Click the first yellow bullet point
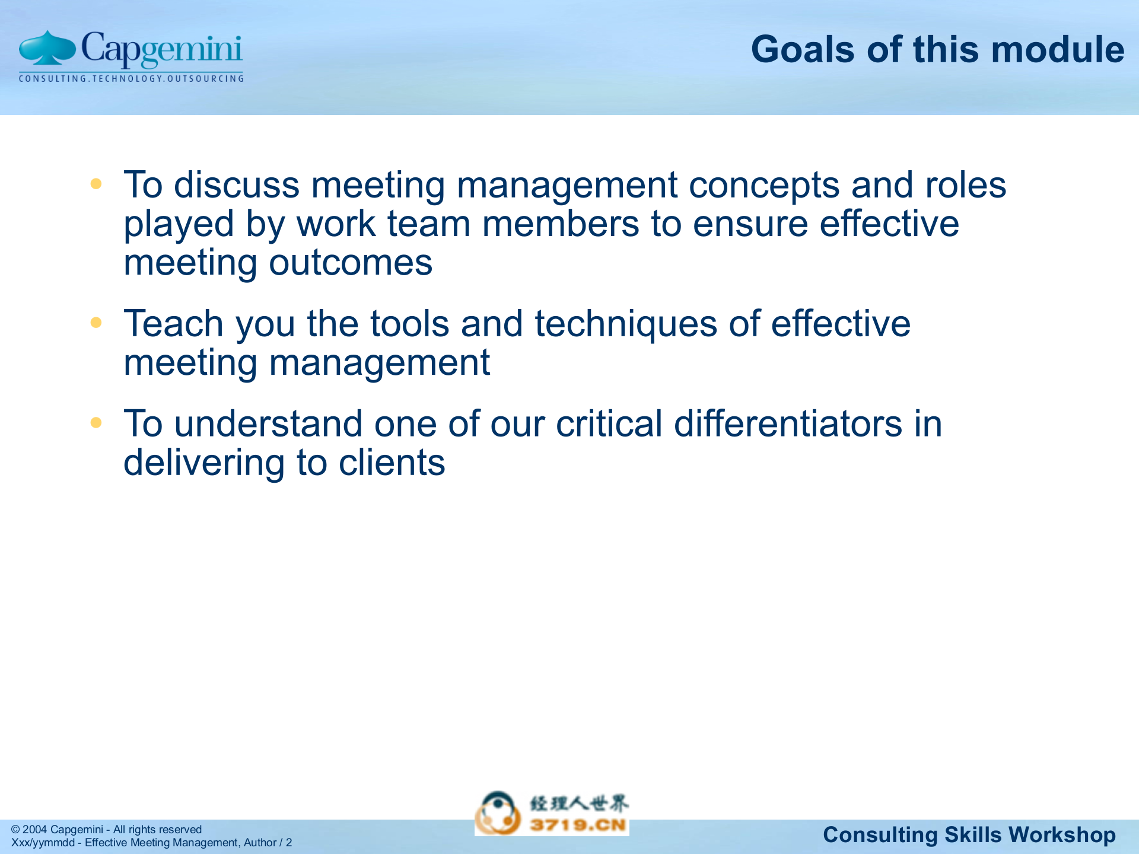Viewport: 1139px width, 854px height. pyautogui.click(x=96, y=184)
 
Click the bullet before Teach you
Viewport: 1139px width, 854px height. pyautogui.click(x=96, y=323)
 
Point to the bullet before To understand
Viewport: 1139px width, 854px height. pyautogui.click(x=96, y=423)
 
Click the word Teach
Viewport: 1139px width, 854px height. pyautogui.click(x=173, y=324)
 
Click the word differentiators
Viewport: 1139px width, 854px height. pyautogui.click(x=788, y=424)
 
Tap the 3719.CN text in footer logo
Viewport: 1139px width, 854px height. pyautogui.click(x=578, y=825)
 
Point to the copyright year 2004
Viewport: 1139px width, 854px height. pyautogui.click(x=34, y=830)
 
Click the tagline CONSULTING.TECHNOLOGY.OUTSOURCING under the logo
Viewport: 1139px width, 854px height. pyautogui.click(x=131, y=79)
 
